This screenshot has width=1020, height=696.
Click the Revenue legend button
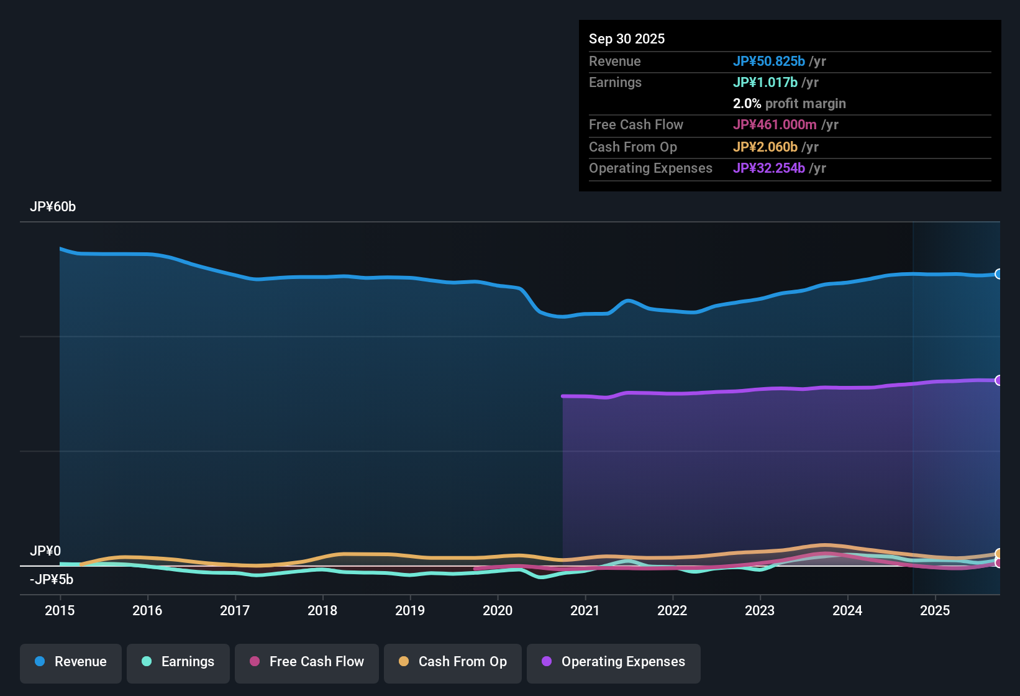click(x=71, y=662)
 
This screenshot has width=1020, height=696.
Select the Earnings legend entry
click(x=178, y=662)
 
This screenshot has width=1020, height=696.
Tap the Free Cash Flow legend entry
click(x=307, y=662)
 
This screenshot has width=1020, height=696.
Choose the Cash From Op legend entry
click(x=453, y=662)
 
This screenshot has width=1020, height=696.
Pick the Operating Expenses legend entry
click(x=614, y=662)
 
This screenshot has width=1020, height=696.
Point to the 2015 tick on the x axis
click(x=60, y=611)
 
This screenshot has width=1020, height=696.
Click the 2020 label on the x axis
click(x=498, y=611)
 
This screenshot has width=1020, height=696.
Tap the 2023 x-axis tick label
click(x=760, y=611)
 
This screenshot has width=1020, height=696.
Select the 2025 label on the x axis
click(x=935, y=611)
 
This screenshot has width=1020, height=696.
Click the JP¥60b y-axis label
click(x=53, y=207)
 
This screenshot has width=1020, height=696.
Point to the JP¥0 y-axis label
click(x=45, y=551)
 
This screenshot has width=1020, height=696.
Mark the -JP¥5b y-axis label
click(x=52, y=580)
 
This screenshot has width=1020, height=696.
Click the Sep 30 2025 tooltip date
click(x=627, y=39)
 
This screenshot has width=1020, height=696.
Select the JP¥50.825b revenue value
click(x=769, y=62)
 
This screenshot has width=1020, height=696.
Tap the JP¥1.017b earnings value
click(x=765, y=83)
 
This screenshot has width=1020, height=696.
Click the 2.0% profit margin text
click(x=789, y=104)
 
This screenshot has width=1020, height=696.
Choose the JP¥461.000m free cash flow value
click(x=775, y=125)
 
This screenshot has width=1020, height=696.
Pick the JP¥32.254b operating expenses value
click(x=769, y=168)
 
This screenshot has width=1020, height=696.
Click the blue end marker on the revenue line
click(x=999, y=274)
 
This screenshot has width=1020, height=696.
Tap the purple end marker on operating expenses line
click(x=999, y=380)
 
